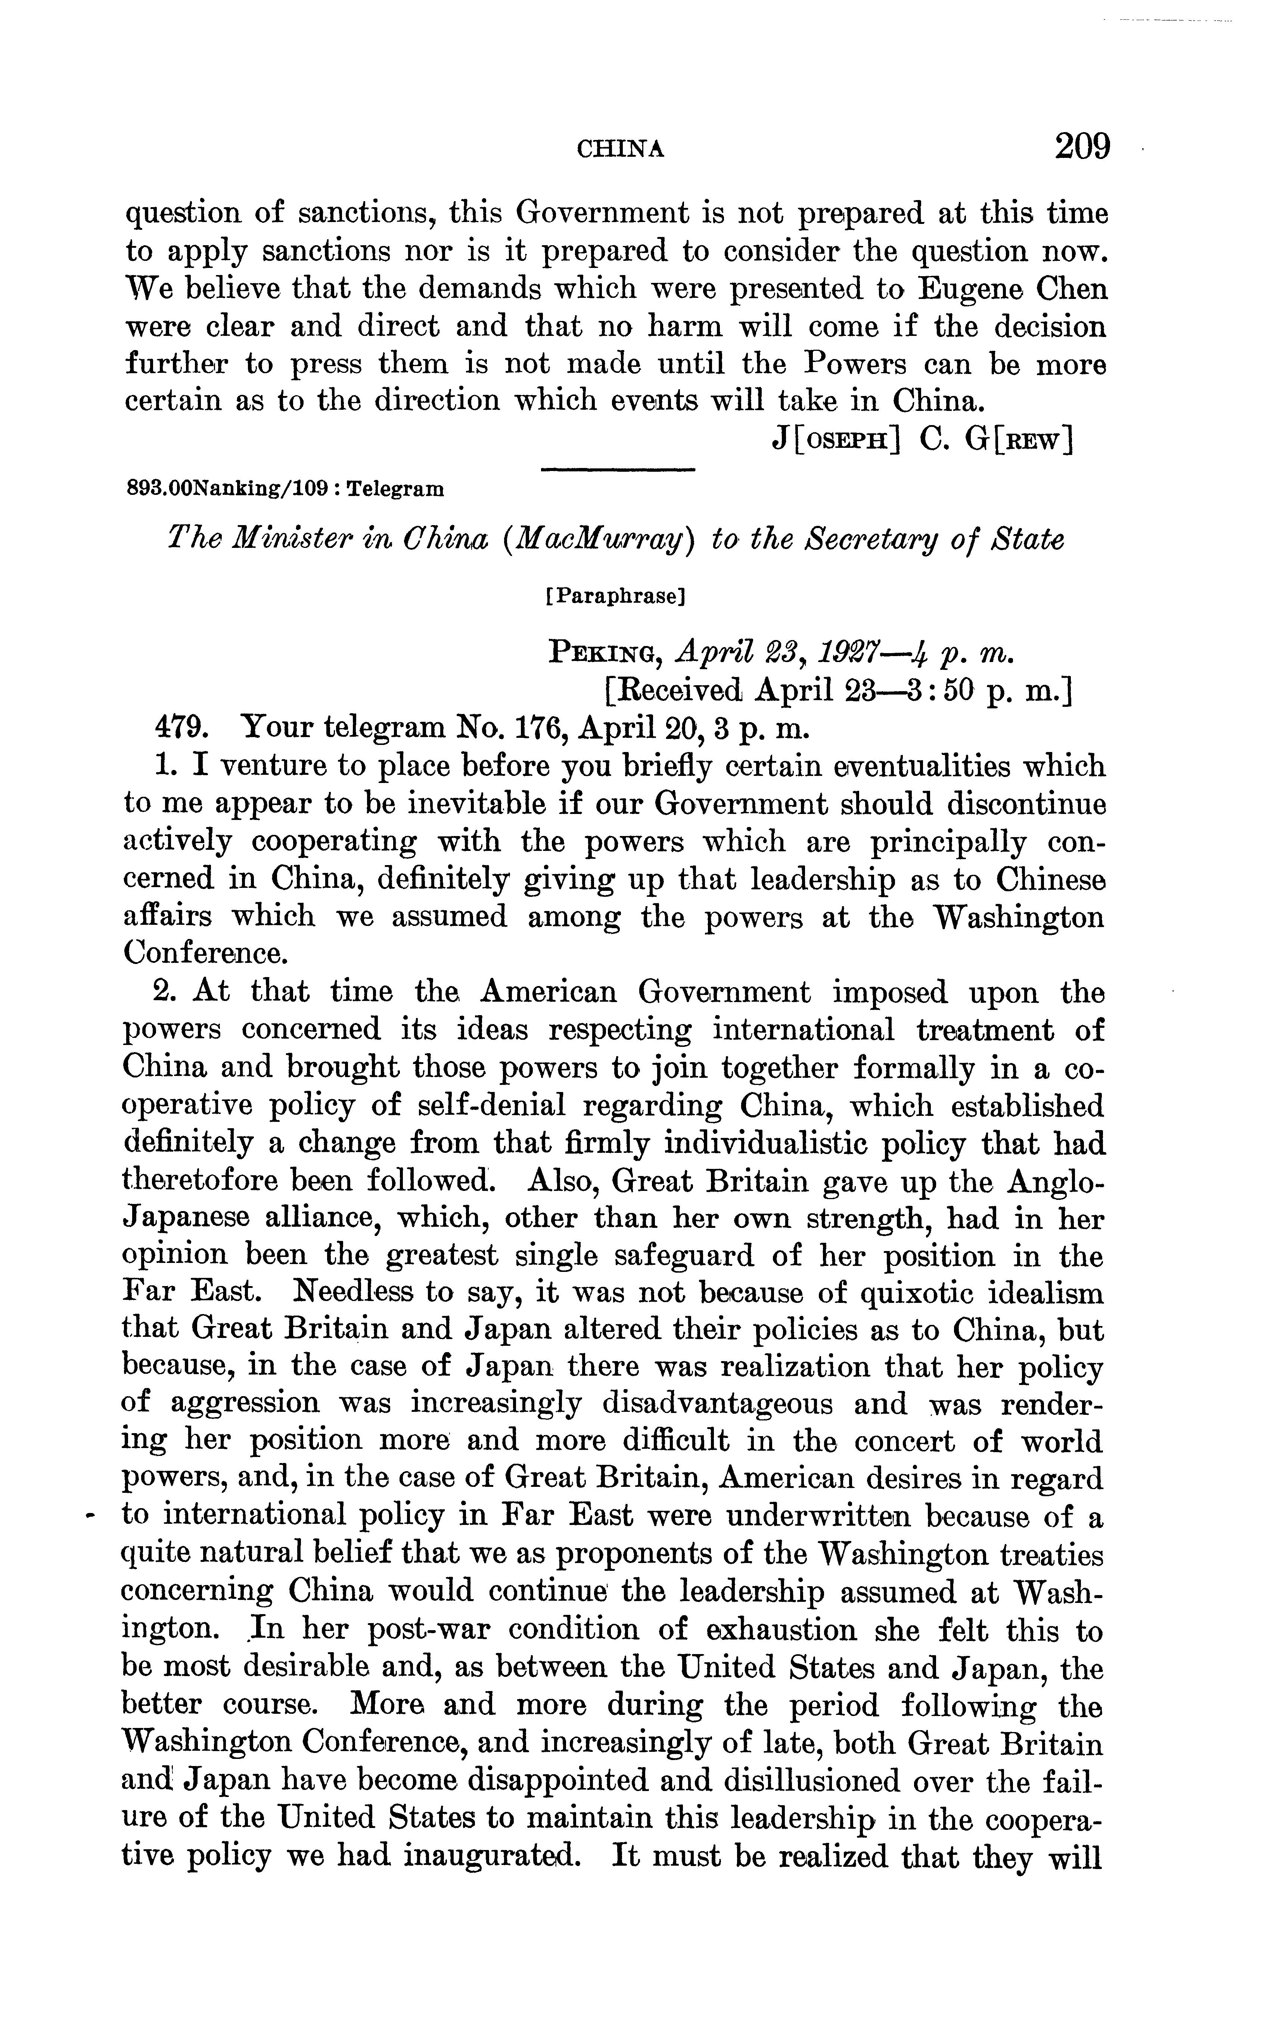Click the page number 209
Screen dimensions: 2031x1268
click(x=1082, y=146)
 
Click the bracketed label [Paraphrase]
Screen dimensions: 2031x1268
click(x=616, y=597)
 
